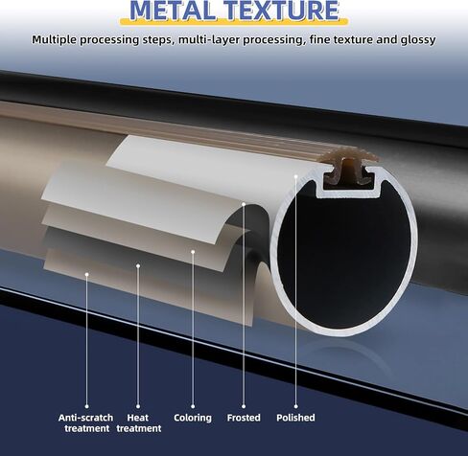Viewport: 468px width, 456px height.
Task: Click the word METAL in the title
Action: tap(173, 11)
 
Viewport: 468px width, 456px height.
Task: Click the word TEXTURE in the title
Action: tap(283, 11)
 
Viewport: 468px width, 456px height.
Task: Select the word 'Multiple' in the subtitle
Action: tap(54, 40)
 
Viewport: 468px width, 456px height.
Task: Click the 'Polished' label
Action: tap(295, 418)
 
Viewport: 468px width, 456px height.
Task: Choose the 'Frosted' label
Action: tap(244, 418)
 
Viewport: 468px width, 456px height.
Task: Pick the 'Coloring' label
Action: tap(193, 418)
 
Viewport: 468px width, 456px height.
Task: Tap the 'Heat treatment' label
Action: tap(138, 422)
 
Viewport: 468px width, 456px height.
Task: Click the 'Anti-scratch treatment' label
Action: tap(86, 422)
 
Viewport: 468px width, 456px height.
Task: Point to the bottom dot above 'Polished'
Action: tap(295, 406)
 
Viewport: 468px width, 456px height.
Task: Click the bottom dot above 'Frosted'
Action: tap(244, 406)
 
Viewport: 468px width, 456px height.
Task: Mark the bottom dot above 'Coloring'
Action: tap(193, 406)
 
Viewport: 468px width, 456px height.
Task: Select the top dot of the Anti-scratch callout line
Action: tap(86, 274)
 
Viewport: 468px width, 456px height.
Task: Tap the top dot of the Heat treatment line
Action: tap(138, 265)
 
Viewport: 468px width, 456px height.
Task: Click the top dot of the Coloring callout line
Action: tap(193, 252)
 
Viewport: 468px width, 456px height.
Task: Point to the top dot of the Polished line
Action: tap(296, 176)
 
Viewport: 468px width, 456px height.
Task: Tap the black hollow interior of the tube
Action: tap(343, 256)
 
